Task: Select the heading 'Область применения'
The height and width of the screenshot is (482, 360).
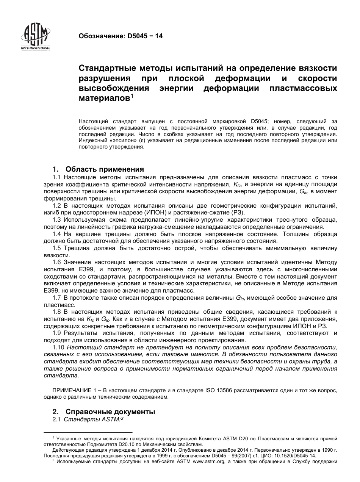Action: point(105,169)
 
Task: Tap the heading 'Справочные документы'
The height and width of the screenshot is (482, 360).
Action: point(110,412)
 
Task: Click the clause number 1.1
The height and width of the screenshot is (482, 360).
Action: point(57,177)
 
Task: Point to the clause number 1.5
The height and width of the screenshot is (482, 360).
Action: point(57,248)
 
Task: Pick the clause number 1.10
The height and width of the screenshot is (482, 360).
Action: point(58,347)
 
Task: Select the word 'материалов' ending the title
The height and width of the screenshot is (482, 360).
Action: point(104,99)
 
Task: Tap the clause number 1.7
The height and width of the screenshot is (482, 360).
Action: point(57,298)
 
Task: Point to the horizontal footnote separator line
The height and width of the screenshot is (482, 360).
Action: point(88,432)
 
